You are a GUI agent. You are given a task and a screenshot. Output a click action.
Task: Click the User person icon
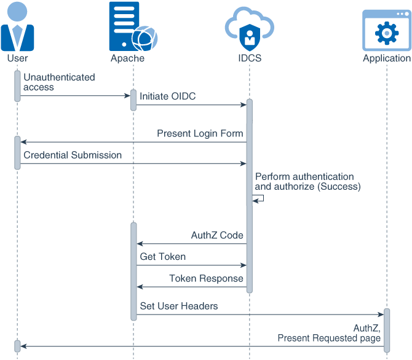[17, 27]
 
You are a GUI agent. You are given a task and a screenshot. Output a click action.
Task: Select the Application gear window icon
[386, 30]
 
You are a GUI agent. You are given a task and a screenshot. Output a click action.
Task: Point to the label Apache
[127, 58]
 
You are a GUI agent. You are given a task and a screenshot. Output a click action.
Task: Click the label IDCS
[250, 58]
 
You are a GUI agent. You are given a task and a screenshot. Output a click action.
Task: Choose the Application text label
[386, 58]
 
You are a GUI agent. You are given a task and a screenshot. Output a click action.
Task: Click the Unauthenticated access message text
[59, 82]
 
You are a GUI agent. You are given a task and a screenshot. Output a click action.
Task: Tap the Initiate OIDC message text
[167, 96]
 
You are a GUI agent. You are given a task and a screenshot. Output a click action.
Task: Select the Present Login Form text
[200, 133]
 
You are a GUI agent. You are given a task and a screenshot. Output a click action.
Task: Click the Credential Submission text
[73, 155]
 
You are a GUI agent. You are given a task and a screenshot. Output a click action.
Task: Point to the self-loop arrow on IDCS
[259, 198]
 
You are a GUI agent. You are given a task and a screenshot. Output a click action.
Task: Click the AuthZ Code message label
[217, 235]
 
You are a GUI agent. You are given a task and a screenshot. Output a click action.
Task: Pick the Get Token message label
[162, 257]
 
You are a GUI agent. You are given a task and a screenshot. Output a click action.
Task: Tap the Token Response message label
[206, 278]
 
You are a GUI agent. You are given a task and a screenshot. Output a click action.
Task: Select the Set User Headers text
[178, 306]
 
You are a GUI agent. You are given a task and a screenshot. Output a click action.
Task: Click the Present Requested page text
[329, 338]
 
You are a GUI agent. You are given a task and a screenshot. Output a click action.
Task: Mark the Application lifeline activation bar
[387, 330]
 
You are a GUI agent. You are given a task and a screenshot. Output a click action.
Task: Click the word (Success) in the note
[339, 186]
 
